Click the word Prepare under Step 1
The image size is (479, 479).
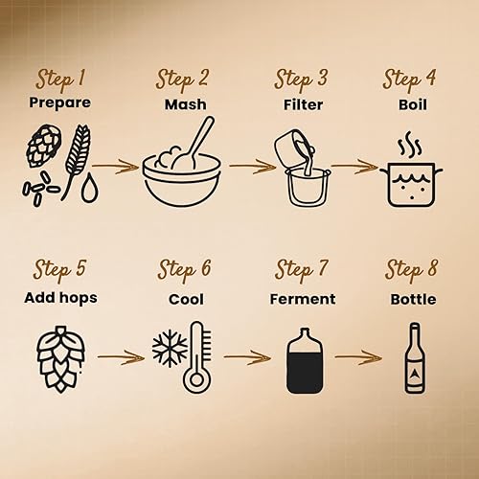click(x=59, y=103)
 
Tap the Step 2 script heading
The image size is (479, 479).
click(x=182, y=80)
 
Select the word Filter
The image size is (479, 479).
click(x=303, y=104)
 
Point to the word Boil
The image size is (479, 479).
click(x=413, y=104)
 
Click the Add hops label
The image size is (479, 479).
click(x=60, y=298)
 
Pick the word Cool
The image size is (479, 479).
click(x=186, y=299)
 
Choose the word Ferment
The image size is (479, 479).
click(x=303, y=299)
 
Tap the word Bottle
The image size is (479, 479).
click(x=413, y=299)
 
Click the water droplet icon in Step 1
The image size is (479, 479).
click(x=89, y=188)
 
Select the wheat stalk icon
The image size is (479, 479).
click(x=77, y=160)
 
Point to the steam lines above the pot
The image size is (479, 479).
click(x=410, y=145)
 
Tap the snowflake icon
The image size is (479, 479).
click(x=170, y=349)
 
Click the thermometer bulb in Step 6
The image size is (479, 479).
click(x=197, y=379)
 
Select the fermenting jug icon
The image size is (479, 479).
click(x=305, y=361)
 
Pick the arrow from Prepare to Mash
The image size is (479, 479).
click(x=116, y=166)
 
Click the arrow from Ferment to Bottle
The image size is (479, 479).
click(x=358, y=357)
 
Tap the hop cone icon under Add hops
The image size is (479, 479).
click(x=60, y=359)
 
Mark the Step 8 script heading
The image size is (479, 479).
click(x=411, y=271)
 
